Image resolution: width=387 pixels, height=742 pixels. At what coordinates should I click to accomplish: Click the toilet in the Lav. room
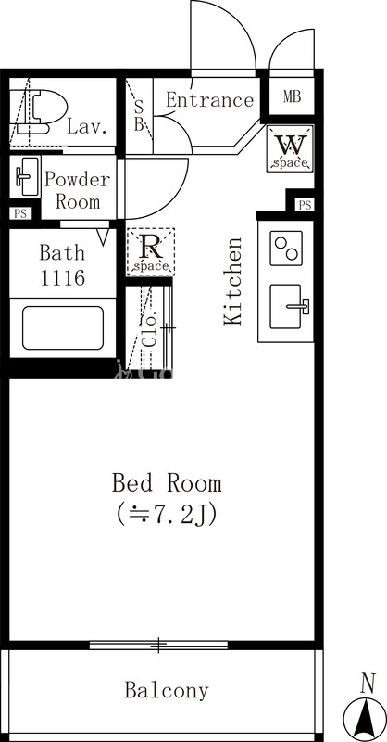pos(38,111)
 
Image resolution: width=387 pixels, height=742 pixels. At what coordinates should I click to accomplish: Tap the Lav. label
pos(85,127)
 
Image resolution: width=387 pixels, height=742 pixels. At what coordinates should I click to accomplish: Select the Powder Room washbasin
pos(25,176)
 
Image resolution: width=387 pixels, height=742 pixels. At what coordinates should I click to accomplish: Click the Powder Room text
pos(78,191)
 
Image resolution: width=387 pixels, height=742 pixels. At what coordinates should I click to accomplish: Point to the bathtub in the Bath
pos(63,328)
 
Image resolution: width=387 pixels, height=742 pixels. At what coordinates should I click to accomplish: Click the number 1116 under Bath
pos(62,276)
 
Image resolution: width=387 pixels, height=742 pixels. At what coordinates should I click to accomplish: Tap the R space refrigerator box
pos(151,251)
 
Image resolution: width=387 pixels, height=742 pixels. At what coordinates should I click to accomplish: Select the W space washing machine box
pos(291,148)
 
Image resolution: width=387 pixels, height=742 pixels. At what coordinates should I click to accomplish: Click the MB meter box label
pos(292,96)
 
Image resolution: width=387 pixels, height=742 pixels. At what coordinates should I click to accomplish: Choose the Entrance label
pos(210,100)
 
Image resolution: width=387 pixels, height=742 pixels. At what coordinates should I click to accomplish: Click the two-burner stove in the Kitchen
pos(286,248)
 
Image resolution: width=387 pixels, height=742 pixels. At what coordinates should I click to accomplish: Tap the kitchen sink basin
pos(286,307)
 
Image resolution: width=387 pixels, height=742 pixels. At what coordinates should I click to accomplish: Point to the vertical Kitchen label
pos(233,281)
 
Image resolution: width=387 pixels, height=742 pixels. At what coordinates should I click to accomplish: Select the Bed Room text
pos(167,483)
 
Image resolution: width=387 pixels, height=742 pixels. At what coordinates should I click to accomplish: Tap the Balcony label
pos(167,691)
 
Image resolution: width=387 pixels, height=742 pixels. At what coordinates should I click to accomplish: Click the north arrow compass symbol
pos(365,710)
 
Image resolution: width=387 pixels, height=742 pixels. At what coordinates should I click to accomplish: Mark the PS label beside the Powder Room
pos(19,213)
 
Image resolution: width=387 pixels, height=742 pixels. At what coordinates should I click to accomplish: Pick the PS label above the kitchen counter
pos(305,205)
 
